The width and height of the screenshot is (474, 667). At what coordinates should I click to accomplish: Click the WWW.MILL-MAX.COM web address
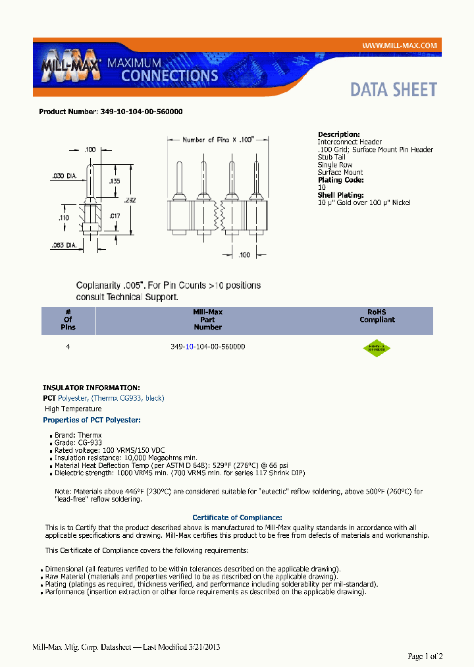(400, 45)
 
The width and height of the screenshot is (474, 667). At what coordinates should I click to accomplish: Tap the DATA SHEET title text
(393, 90)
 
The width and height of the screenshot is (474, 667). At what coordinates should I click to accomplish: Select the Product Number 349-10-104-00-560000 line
(111, 112)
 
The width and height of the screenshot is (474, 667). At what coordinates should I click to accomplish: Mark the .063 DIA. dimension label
(66, 245)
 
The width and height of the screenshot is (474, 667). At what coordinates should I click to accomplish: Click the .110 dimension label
(65, 217)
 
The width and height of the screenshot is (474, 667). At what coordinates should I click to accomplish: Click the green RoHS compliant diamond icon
(377, 348)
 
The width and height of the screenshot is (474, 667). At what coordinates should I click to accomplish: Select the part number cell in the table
(207, 346)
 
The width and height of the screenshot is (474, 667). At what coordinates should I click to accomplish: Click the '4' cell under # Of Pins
(68, 346)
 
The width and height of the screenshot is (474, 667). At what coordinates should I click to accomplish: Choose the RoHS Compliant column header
(377, 316)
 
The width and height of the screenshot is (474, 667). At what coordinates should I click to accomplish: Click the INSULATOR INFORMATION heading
(91, 388)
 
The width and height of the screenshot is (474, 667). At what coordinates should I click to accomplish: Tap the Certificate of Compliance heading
(237, 517)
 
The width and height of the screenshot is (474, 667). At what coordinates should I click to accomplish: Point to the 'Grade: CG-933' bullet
(78, 443)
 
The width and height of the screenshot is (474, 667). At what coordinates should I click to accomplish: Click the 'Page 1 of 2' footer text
(425, 656)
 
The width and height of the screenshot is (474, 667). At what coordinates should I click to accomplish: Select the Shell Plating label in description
(340, 195)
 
